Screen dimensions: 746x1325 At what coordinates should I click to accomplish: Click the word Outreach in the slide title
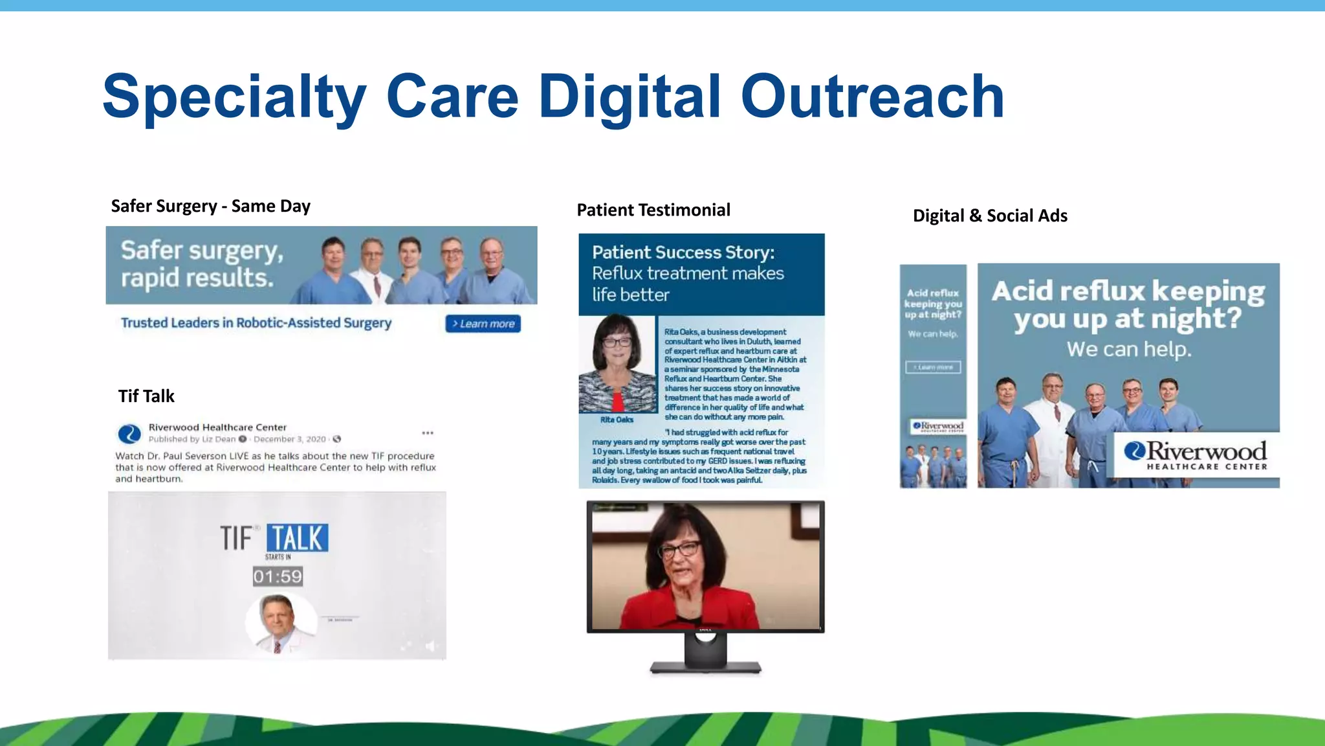click(871, 96)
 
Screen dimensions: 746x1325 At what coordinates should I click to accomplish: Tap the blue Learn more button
click(483, 324)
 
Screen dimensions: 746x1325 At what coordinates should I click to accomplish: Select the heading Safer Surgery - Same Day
click(210, 206)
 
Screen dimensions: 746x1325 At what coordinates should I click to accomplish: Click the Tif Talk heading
click(146, 396)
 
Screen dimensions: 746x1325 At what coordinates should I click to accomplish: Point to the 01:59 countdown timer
click(278, 576)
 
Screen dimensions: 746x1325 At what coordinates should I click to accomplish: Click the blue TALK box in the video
click(297, 538)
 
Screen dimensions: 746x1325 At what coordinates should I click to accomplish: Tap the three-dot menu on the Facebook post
click(428, 433)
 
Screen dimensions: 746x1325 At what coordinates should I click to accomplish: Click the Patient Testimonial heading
click(653, 210)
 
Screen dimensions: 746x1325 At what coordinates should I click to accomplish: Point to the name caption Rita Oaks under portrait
click(616, 420)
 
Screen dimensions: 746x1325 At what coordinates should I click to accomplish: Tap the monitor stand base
click(705, 667)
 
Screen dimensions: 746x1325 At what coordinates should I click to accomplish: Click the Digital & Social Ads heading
click(990, 216)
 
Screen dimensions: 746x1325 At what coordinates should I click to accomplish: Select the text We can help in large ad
click(1128, 350)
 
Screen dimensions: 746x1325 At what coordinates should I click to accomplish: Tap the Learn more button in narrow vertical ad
click(933, 367)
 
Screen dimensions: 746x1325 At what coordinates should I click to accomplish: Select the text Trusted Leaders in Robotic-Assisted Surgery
click(256, 322)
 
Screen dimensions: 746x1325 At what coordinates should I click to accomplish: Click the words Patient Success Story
click(683, 252)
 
